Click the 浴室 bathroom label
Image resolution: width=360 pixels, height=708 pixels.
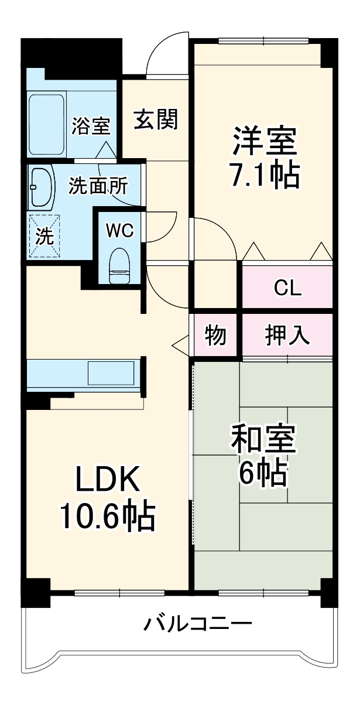[x=91, y=126]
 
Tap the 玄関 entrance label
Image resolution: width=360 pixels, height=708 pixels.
[x=155, y=119]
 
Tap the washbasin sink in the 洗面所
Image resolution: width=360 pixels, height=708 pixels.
[x=41, y=186]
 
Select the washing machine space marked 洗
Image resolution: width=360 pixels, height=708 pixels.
[x=44, y=235]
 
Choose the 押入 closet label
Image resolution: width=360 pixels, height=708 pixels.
[x=287, y=336]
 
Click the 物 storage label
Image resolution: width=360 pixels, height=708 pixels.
[x=215, y=336]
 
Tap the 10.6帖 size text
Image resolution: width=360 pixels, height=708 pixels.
[x=107, y=516]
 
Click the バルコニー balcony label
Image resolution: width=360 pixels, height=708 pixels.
[x=198, y=623]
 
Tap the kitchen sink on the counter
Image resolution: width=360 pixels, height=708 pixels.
[x=111, y=373]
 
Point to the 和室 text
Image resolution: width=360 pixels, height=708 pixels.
[x=263, y=439]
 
